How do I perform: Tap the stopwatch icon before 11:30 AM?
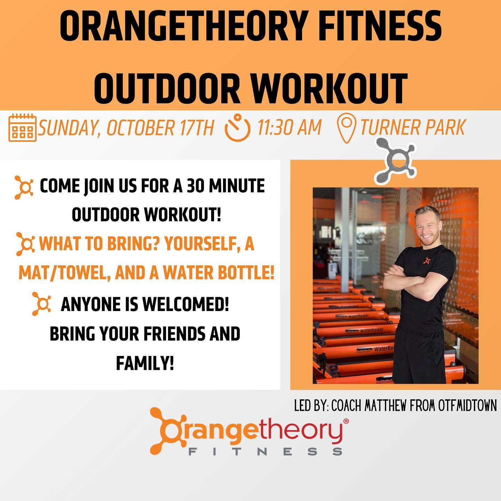[237, 127]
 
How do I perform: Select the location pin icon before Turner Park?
[347, 128]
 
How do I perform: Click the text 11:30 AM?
[289, 127]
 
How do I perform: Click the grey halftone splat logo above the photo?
[395, 161]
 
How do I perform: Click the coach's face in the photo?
[427, 229]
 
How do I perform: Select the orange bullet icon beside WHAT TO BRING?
[25, 244]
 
